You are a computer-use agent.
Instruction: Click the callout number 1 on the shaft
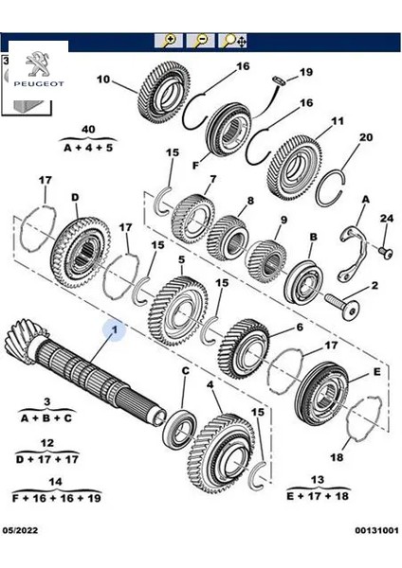[116, 330]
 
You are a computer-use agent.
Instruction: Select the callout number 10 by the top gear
[103, 79]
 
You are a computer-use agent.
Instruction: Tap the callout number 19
[305, 73]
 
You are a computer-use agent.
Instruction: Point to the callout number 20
[339, 137]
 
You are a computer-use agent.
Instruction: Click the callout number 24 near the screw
[385, 220]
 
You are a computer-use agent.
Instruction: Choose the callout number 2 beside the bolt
[375, 286]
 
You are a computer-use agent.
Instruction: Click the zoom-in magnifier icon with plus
[170, 41]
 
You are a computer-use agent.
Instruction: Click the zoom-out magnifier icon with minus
[201, 41]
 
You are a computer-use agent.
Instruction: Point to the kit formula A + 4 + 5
[88, 147]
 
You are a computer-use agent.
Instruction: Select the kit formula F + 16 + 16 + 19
[60, 496]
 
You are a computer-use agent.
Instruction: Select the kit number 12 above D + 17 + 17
[47, 442]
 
